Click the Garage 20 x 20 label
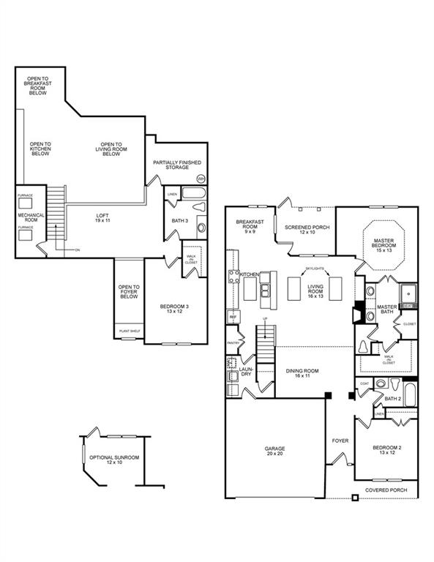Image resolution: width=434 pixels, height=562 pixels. (x=274, y=451)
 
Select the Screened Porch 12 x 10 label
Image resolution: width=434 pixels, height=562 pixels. (x=307, y=230)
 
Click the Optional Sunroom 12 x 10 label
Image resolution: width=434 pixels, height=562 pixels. (x=113, y=460)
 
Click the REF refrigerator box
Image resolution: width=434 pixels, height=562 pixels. (x=233, y=317)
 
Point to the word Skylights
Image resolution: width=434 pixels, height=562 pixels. (x=315, y=269)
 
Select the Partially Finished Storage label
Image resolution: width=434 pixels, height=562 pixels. (x=176, y=165)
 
